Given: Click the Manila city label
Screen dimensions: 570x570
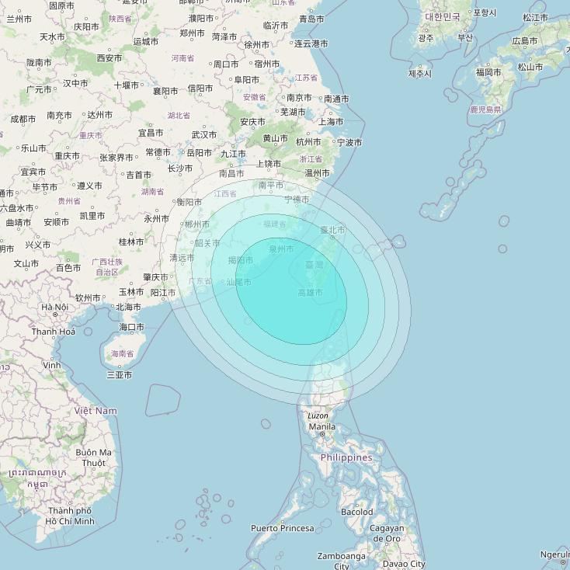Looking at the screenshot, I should coord(322,426).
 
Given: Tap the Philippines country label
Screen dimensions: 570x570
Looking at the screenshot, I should coord(346,457).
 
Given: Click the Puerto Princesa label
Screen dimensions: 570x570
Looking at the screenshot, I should coord(283,528).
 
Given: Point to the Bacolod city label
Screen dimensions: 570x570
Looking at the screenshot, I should coord(356,512).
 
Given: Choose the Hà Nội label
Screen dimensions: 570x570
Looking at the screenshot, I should coord(55,307).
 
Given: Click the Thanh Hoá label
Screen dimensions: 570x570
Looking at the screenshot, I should coord(54,332).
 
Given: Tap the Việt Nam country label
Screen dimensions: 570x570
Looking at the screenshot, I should coord(96,410).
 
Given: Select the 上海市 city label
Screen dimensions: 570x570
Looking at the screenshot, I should coord(331,122).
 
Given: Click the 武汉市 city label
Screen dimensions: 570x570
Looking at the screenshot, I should coord(203,134).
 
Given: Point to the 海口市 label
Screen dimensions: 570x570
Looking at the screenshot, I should coord(131,327).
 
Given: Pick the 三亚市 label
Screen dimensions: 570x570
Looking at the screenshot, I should coord(119,375).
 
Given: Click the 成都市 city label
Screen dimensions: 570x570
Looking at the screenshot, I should coord(23,119).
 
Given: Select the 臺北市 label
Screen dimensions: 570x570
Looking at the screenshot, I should coord(332,230).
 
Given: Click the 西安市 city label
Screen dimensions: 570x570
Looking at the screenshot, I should coord(109,58).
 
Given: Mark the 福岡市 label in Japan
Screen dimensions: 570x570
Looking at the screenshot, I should coord(489,72).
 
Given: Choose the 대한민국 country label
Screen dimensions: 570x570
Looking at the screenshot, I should coord(443,16).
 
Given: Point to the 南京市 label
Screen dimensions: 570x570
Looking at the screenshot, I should coord(299,98).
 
